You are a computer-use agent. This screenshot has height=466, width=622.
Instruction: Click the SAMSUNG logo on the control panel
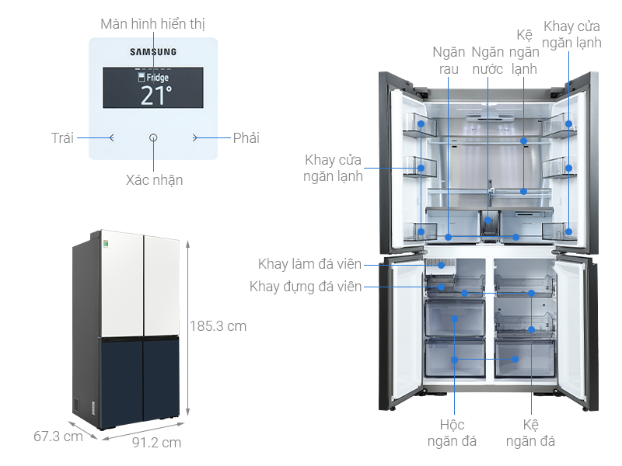152,52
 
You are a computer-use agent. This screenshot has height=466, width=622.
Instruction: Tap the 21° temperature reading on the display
156,95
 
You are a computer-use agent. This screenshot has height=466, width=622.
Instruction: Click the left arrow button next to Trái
112,138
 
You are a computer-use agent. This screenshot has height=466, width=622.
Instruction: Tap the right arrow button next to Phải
195,138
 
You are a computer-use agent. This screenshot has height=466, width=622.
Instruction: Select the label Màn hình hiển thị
152,23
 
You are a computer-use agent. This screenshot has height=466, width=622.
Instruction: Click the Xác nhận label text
154,180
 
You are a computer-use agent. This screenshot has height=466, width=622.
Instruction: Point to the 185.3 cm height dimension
218,326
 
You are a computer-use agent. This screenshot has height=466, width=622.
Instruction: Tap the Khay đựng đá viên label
306,287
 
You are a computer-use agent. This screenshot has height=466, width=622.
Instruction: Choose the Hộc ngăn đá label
452,433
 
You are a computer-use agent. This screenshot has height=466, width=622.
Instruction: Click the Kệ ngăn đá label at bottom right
530,433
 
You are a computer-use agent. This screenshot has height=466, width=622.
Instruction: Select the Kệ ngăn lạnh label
524,52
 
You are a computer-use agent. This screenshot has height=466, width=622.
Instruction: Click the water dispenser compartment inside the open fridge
488,222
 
